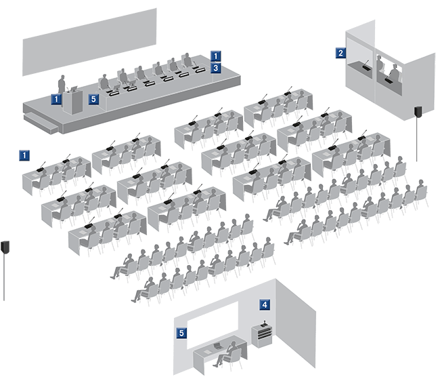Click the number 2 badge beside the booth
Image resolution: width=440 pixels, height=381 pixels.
341,52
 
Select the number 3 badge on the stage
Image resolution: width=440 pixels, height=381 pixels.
215,68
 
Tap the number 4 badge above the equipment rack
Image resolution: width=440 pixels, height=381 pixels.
265,306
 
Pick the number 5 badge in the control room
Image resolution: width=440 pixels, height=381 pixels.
181,333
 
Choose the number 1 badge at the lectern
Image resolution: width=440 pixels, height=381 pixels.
57,99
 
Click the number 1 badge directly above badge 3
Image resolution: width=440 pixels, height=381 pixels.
215,56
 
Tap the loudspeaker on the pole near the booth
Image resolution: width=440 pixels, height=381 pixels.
419,112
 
